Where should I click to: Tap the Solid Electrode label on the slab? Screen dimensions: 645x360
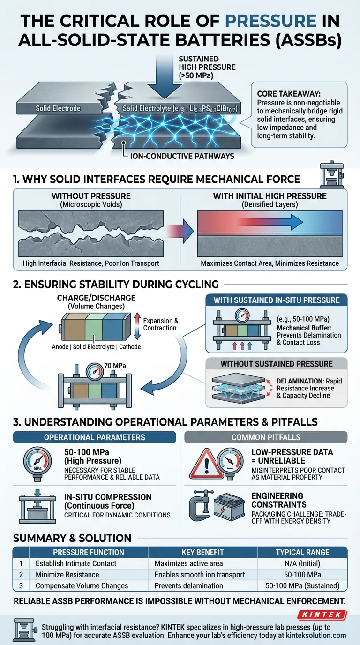tap(58, 108)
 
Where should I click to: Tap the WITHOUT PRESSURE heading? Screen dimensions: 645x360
tap(91, 195)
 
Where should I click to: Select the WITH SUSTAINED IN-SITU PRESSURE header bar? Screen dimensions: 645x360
tap(277, 300)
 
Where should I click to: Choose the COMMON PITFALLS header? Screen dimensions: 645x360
tap(266, 437)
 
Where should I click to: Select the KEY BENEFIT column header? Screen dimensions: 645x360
tap(202, 552)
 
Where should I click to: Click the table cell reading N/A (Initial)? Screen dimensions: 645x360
tap(302, 563)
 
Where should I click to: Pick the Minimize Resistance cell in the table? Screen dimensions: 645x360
tap(67, 574)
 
